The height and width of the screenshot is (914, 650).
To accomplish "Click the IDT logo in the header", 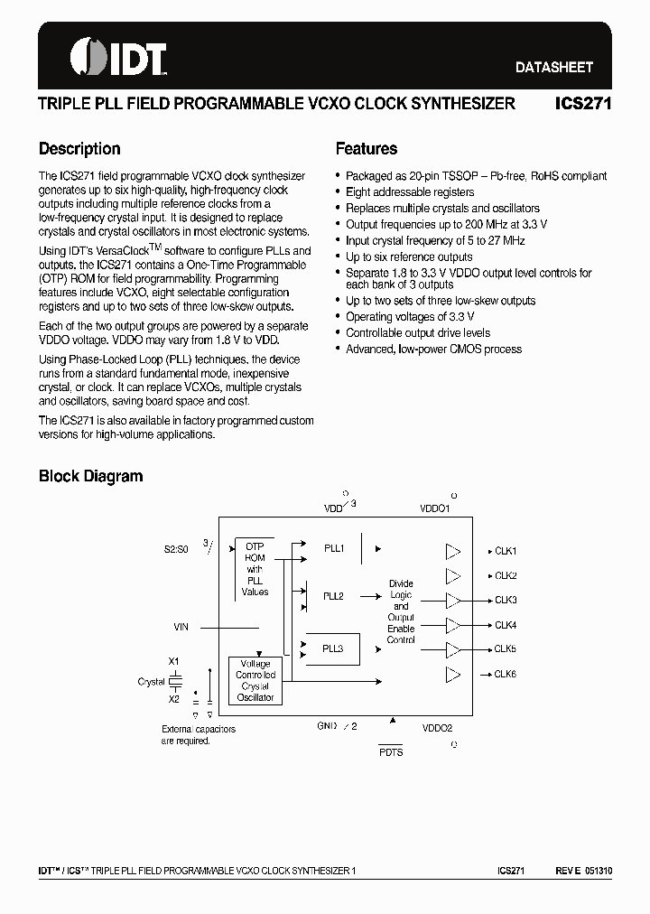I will click(x=118, y=58).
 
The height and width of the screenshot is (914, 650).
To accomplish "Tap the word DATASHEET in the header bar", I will click(x=554, y=67).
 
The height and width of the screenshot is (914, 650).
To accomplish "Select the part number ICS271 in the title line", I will click(x=583, y=104).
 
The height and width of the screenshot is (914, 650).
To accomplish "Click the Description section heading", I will click(x=79, y=149).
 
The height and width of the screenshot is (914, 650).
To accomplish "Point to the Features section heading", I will click(x=366, y=149).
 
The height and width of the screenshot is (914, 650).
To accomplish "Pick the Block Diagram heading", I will click(x=90, y=476).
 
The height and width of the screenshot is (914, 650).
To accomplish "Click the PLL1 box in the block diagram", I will click(x=334, y=548).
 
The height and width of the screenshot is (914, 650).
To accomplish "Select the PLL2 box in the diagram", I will click(x=334, y=596).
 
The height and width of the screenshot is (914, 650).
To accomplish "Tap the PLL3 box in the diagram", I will click(x=333, y=648).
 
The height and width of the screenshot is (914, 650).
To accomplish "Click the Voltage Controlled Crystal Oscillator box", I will click(x=255, y=680).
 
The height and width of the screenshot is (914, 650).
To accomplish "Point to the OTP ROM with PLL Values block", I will click(x=255, y=569).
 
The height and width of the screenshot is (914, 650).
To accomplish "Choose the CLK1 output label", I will click(x=505, y=551).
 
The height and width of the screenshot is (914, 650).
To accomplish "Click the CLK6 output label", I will click(x=505, y=674).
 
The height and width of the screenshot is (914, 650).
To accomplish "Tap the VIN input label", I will click(x=181, y=626).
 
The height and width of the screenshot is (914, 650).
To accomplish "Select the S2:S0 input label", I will click(x=176, y=547).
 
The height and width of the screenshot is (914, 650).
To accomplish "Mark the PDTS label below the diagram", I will click(x=391, y=752).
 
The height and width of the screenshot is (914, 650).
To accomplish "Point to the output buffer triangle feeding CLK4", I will click(x=454, y=625).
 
